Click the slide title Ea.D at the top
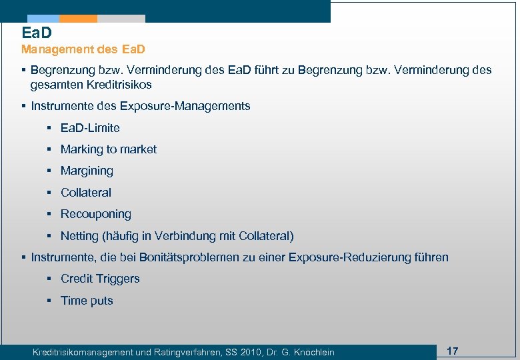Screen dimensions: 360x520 click(37, 32)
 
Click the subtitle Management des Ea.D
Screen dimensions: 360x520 click(83, 49)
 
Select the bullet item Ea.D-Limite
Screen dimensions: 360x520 click(90, 128)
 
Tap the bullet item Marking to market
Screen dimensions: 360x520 click(108, 149)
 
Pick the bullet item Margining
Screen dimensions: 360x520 click(87, 171)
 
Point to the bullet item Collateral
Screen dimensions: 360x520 click(86, 193)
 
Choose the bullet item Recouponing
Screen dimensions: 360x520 click(95, 214)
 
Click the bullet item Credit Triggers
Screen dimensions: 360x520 click(100, 279)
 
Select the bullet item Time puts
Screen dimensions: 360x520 click(87, 301)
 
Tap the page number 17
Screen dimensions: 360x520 click(452, 351)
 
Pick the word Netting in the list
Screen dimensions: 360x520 click(79, 236)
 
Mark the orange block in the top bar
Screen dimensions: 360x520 click(78, 19)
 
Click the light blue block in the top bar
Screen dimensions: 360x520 click(43, 19)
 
